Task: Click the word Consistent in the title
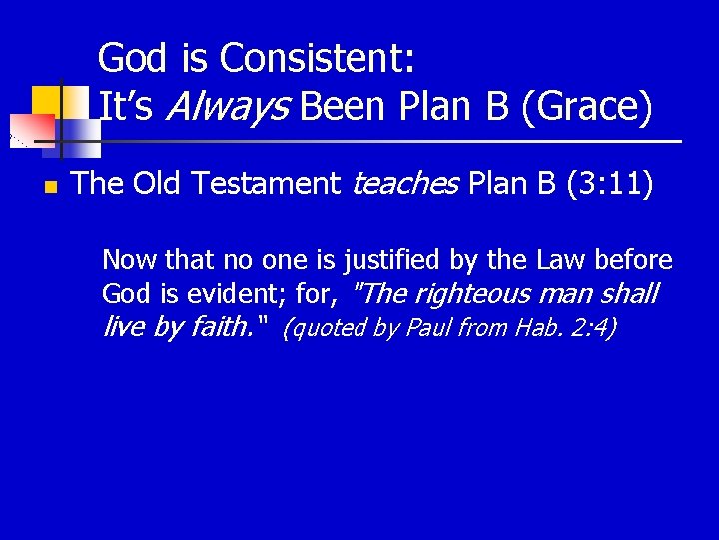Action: click(317, 59)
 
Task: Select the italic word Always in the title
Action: click(224, 107)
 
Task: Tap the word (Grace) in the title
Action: click(586, 107)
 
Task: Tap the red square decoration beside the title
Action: click(32, 130)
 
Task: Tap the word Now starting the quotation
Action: click(130, 261)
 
